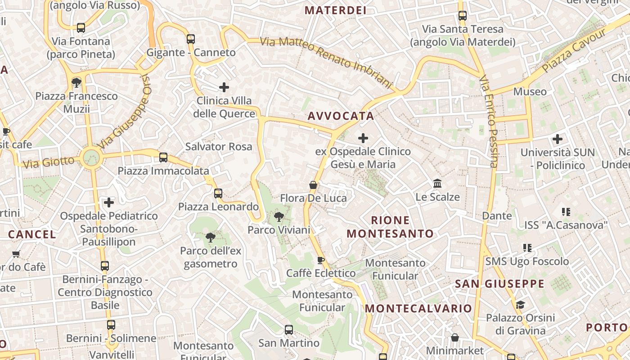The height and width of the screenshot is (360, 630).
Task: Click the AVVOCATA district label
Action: tap(341, 116)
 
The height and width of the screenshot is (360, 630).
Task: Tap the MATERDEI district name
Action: tap(335, 10)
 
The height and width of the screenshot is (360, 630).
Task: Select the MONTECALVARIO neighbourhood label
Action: tap(418, 308)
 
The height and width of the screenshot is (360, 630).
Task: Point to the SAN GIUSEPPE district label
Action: tap(499, 284)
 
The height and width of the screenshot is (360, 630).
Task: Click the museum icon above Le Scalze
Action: tap(437, 183)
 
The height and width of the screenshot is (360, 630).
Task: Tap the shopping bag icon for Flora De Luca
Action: tap(313, 185)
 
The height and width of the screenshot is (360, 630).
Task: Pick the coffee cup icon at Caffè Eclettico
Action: tap(321, 260)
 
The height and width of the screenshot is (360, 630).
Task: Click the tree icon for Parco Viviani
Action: tap(279, 217)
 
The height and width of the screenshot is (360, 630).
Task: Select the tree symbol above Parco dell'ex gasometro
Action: tap(210, 237)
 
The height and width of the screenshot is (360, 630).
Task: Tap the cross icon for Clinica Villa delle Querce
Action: tap(224, 87)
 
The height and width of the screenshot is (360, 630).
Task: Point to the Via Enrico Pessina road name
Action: tap(488, 121)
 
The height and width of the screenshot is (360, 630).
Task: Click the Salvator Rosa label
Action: tap(219, 147)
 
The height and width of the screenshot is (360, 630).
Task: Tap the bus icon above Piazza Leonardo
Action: tap(218, 193)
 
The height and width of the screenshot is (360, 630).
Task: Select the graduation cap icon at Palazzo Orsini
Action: tap(520, 305)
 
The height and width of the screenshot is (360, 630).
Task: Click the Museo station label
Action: tap(530, 92)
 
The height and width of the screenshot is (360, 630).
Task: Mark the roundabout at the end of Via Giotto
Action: tap(91, 157)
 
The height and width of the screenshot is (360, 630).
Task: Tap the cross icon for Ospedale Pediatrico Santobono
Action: tap(109, 202)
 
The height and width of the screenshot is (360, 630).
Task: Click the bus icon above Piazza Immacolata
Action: tap(163, 157)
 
